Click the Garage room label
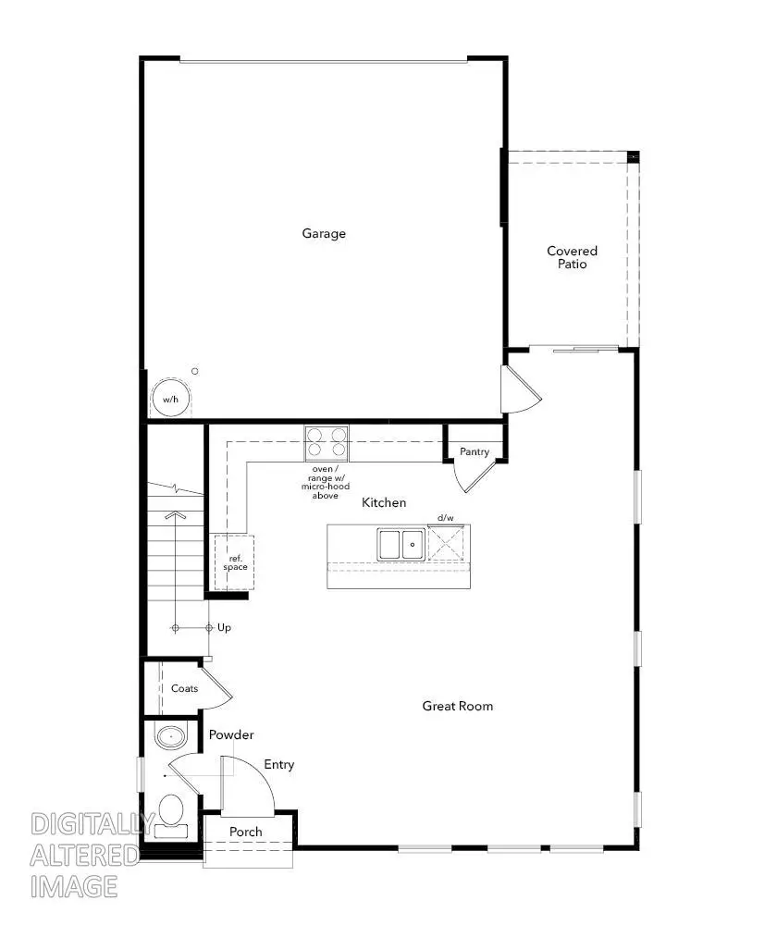point(324,233)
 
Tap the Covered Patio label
point(572,257)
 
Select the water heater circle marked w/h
point(169,399)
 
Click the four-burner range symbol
point(327,443)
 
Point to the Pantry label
point(474,452)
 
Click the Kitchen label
point(384,502)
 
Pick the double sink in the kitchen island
point(401,544)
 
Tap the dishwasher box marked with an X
point(447,544)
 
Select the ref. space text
point(235,561)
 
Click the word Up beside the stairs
point(224,628)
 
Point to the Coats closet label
point(184,688)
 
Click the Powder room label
point(231,734)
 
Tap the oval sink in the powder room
point(170,738)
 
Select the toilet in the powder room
point(170,814)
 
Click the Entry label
point(279,764)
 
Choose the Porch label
point(246,832)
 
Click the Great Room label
point(458,706)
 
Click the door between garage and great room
point(518,389)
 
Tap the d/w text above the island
point(446,518)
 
